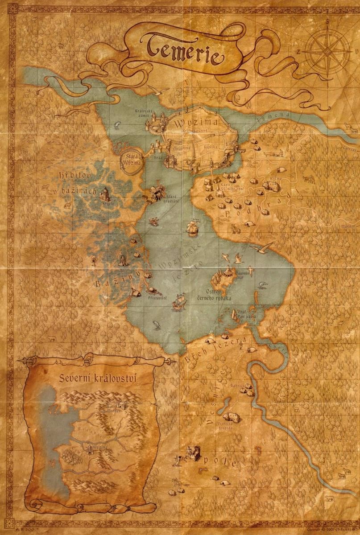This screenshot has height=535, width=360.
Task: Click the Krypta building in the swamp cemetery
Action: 106,194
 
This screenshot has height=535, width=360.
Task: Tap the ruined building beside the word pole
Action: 192,454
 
